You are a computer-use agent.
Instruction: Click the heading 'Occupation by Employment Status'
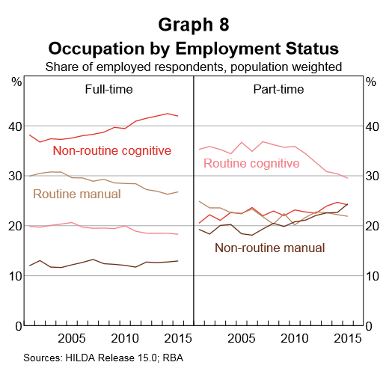point(194,49)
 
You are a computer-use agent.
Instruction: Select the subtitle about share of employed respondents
point(194,67)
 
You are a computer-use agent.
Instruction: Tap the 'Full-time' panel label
point(108,90)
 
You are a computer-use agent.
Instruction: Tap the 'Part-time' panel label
point(278,90)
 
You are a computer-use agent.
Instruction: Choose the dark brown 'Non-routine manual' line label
point(270,248)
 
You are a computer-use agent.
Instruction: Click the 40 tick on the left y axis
point(15,126)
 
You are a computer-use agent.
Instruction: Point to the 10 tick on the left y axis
point(15,276)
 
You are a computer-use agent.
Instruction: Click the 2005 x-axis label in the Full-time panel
point(75,337)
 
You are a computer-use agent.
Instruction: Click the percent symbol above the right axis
point(372,81)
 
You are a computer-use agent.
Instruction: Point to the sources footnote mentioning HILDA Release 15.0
point(103,358)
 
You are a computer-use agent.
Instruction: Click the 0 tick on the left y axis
point(18,326)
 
